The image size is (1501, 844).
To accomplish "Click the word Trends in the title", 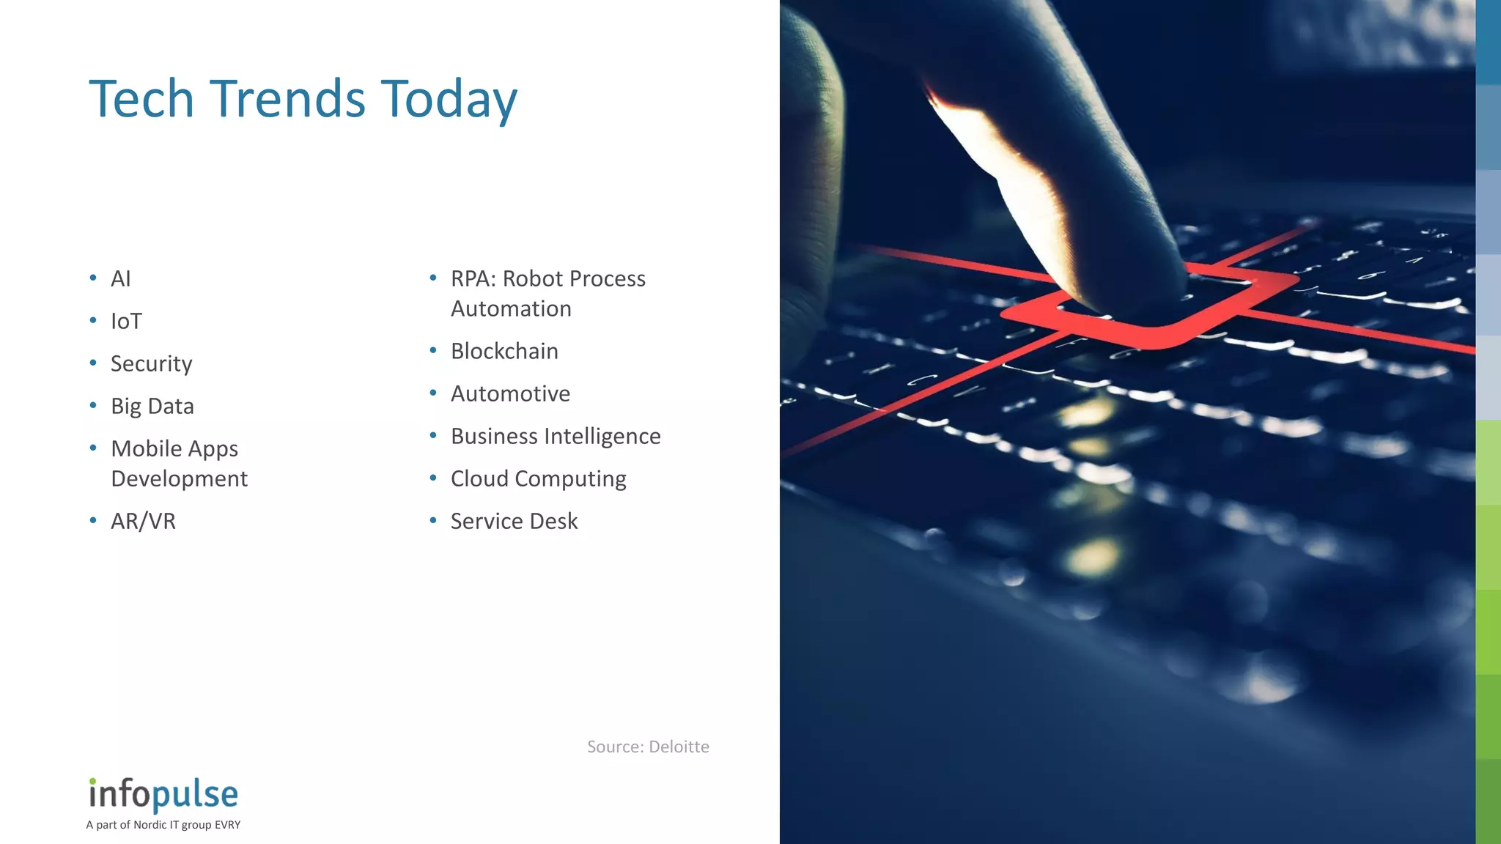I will click(x=287, y=99).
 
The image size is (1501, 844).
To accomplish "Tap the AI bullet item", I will click(x=121, y=279).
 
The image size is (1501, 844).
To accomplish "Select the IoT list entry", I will click(x=126, y=322).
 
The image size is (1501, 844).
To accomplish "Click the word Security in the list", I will click(x=151, y=364).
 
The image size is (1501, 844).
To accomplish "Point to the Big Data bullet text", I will click(x=152, y=407).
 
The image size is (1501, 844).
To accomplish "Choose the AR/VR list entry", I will click(x=143, y=522).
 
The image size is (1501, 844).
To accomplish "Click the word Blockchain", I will click(x=504, y=352).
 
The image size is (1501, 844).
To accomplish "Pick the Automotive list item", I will click(x=510, y=394).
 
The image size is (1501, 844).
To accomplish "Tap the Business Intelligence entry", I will click(x=556, y=437).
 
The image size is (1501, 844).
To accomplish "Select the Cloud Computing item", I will click(x=538, y=479).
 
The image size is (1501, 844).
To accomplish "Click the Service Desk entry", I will click(x=514, y=522).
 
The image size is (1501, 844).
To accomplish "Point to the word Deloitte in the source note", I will click(x=679, y=747).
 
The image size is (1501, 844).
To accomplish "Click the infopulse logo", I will click(x=163, y=794).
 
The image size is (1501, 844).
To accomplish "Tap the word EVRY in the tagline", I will click(x=227, y=825).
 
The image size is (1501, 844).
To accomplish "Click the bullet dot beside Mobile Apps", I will click(x=93, y=448).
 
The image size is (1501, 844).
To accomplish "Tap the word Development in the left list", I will click(x=179, y=479).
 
